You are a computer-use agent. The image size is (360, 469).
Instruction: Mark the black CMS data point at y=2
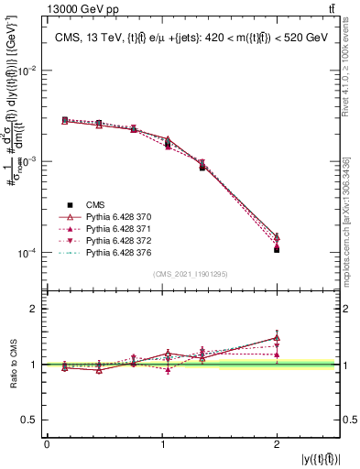[277, 249]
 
